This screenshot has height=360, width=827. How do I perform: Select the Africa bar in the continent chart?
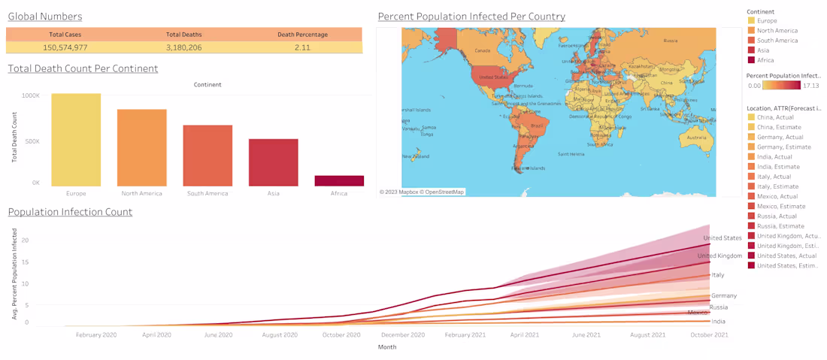click(339, 181)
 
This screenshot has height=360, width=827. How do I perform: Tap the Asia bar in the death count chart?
click(273, 162)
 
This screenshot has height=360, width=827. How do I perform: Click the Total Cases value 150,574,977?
click(65, 47)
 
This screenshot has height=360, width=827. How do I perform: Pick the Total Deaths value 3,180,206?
click(183, 47)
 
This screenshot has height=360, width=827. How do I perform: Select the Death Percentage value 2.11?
click(302, 47)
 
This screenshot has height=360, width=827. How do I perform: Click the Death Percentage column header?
click(302, 35)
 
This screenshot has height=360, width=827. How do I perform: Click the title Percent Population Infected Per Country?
click(471, 17)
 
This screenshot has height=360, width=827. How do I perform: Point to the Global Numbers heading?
click(45, 17)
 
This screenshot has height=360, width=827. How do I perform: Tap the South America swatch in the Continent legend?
click(751, 41)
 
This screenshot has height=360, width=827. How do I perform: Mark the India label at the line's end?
click(719, 322)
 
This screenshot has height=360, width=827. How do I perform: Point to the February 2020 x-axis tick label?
click(96, 335)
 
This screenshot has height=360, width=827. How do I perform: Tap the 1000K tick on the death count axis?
click(31, 95)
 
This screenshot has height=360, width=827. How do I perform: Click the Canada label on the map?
click(483, 52)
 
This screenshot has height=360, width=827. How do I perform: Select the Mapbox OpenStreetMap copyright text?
click(422, 192)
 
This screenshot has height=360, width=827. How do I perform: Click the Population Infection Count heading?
click(70, 212)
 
